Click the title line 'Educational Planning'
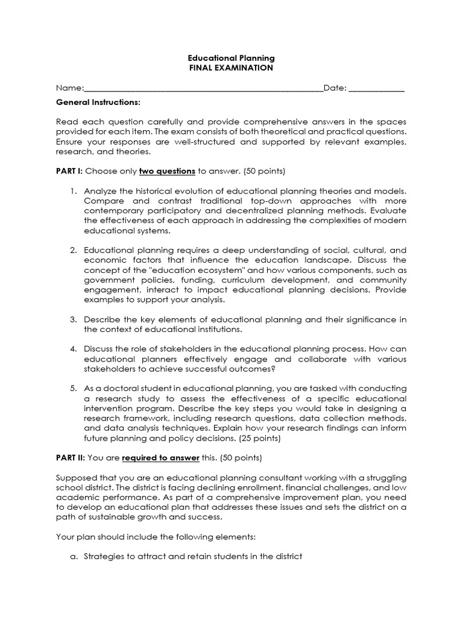click(231, 58)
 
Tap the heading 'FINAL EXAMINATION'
click(231, 68)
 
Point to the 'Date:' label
click(335, 88)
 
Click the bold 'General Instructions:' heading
click(98, 102)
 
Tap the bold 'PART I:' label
click(69, 171)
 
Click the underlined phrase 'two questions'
click(167, 171)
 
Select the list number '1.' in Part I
click(73, 190)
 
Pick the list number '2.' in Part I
click(73, 249)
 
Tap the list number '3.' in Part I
click(73, 319)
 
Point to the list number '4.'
click(73, 349)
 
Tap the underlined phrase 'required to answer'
click(160, 457)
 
